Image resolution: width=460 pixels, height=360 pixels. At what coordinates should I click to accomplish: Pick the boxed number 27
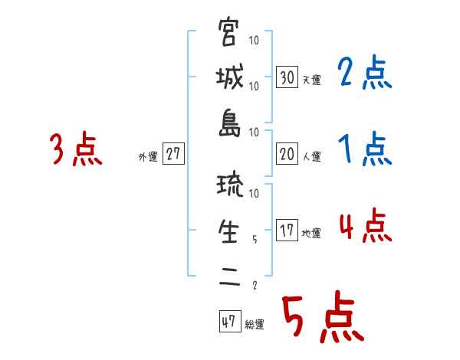(x=173, y=153)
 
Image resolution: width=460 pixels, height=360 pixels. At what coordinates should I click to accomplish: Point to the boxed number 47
(x=228, y=322)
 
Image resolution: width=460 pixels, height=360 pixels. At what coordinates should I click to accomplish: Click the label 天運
(x=311, y=80)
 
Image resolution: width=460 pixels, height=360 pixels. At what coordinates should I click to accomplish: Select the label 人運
(x=311, y=156)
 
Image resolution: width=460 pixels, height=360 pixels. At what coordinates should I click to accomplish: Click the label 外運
(x=147, y=156)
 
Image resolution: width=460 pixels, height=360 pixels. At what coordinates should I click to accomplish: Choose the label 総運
(x=254, y=325)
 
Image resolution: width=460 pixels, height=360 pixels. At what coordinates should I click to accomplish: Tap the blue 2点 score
(x=365, y=74)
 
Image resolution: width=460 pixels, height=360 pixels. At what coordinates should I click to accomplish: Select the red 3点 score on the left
(x=76, y=150)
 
